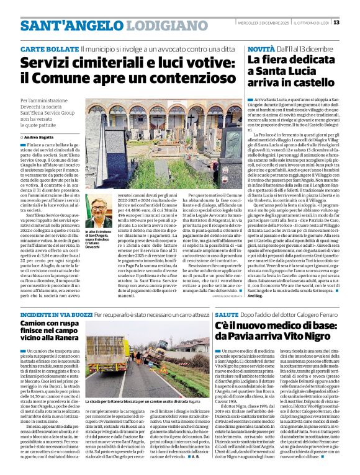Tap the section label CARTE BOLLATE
pyautogui.click(x=50, y=48)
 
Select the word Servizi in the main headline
pyautogui.click(x=49, y=63)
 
